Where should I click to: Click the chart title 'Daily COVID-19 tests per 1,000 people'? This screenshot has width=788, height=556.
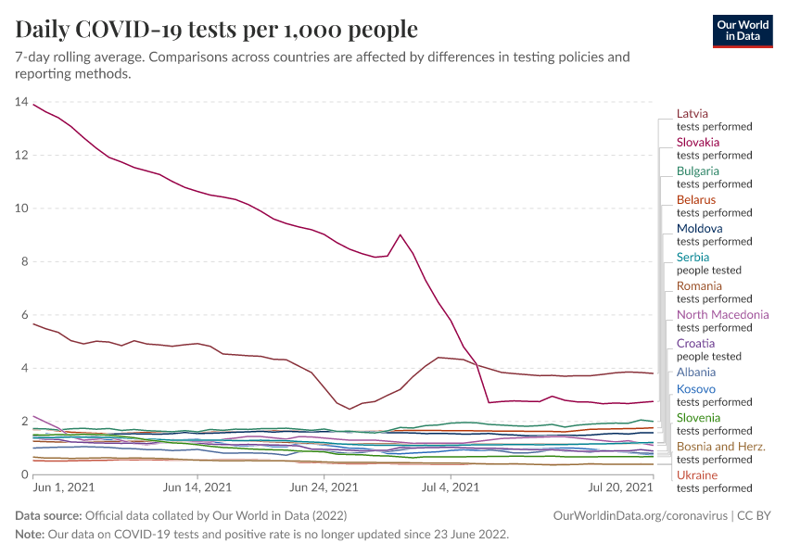[217, 30]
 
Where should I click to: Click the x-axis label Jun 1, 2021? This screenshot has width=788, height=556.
[63, 487]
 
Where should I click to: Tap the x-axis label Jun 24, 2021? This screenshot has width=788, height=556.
[324, 487]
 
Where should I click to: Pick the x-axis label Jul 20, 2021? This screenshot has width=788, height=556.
[623, 487]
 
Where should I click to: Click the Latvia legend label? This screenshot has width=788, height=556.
[693, 113]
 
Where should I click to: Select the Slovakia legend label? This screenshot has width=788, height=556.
[698, 142]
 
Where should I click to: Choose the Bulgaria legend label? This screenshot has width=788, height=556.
[698, 171]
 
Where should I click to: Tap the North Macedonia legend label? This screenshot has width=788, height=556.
[723, 314]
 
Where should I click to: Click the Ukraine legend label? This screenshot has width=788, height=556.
[697, 475]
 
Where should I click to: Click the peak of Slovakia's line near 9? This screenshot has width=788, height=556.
[400, 234]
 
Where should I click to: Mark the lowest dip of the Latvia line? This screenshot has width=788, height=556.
[350, 409]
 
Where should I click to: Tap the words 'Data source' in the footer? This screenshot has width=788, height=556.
[48, 515]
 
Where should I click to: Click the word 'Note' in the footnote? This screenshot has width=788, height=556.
[31, 535]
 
